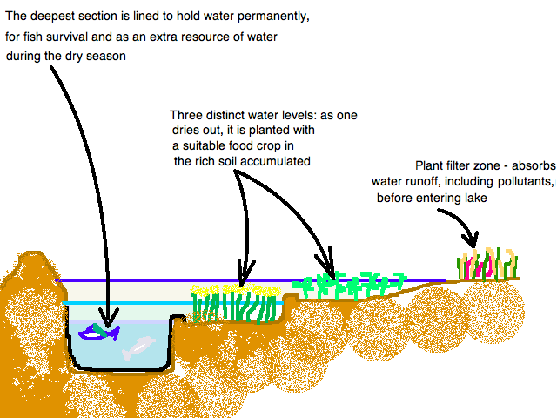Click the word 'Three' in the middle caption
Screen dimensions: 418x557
[188, 115]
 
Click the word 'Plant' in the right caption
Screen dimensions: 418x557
[433, 166]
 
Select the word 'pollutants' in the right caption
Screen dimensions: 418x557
[521, 182]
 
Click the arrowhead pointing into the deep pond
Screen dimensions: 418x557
[109, 316]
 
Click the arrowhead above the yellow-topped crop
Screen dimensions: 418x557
[245, 268]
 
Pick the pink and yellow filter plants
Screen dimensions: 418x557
[487, 263]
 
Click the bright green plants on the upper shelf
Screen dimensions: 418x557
[348, 282]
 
